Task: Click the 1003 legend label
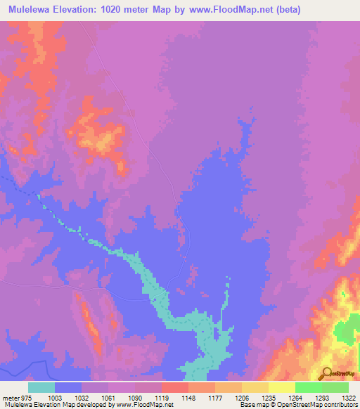[64, 397]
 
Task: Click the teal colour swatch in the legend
[41, 387]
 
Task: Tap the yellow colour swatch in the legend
[281, 387]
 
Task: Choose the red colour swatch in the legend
[174, 387]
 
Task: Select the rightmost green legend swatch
[335, 387]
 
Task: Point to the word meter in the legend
[8, 397]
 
